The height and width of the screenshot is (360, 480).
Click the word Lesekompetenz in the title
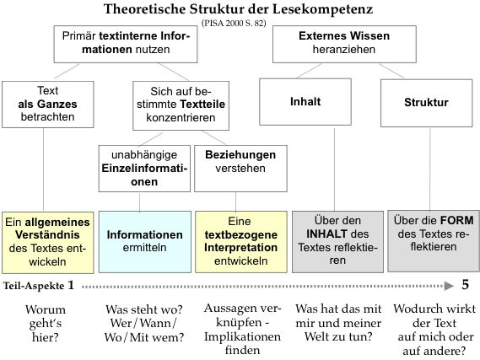[322, 9]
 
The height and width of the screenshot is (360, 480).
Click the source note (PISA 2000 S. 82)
[234, 23]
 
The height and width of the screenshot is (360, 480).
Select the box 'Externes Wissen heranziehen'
[344, 45]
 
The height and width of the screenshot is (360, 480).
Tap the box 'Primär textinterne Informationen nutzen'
[126, 45]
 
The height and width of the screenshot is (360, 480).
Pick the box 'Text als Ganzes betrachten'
[48, 105]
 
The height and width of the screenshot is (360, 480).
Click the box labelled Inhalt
[305, 102]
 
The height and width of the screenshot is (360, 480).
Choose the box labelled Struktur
[426, 103]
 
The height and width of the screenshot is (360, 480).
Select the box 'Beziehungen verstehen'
[240, 169]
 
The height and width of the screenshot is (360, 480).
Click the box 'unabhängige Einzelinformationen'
[144, 169]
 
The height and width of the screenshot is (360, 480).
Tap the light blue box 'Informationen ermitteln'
[145, 242]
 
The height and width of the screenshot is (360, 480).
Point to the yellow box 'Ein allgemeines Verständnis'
[48, 242]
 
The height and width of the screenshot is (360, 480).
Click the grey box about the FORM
[434, 241]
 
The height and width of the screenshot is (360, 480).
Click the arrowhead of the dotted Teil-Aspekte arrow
[449, 286]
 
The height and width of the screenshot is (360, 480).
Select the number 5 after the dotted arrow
[466, 285]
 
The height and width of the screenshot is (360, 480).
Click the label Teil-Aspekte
[34, 286]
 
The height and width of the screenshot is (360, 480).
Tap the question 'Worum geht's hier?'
[46, 323]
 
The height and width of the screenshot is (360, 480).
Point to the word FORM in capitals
[457, 221]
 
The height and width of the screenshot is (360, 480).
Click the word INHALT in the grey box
[327, 234]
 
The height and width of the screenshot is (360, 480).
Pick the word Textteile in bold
[202, 105]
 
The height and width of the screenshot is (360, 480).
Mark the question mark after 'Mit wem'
[181, 337]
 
